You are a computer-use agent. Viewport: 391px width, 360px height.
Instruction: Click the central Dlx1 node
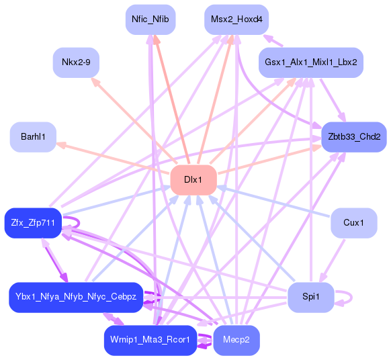click(x=193, y=180)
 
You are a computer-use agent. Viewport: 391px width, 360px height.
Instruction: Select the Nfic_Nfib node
click(x=150, y=19)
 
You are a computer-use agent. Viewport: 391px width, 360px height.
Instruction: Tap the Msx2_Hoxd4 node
click(x=232, y=19)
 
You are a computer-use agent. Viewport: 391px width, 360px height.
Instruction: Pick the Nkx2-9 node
click(x=76, y=62)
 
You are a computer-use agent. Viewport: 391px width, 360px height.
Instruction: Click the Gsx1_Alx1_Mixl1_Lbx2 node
click(x=310, y=62)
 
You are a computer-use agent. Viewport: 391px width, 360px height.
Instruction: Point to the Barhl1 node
click(x=33, y=137)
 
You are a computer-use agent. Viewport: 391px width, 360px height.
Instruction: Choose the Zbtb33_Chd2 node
click(x=353, y=137)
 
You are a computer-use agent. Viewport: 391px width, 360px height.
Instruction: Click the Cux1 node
click(x=353, y=222)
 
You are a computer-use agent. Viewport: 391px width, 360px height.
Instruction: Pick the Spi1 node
click(x=310, y=297)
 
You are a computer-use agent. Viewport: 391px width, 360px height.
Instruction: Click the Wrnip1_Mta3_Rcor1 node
click(x=150, y=340)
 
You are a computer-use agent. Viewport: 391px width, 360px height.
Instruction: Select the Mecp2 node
click(x=236, y=340)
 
